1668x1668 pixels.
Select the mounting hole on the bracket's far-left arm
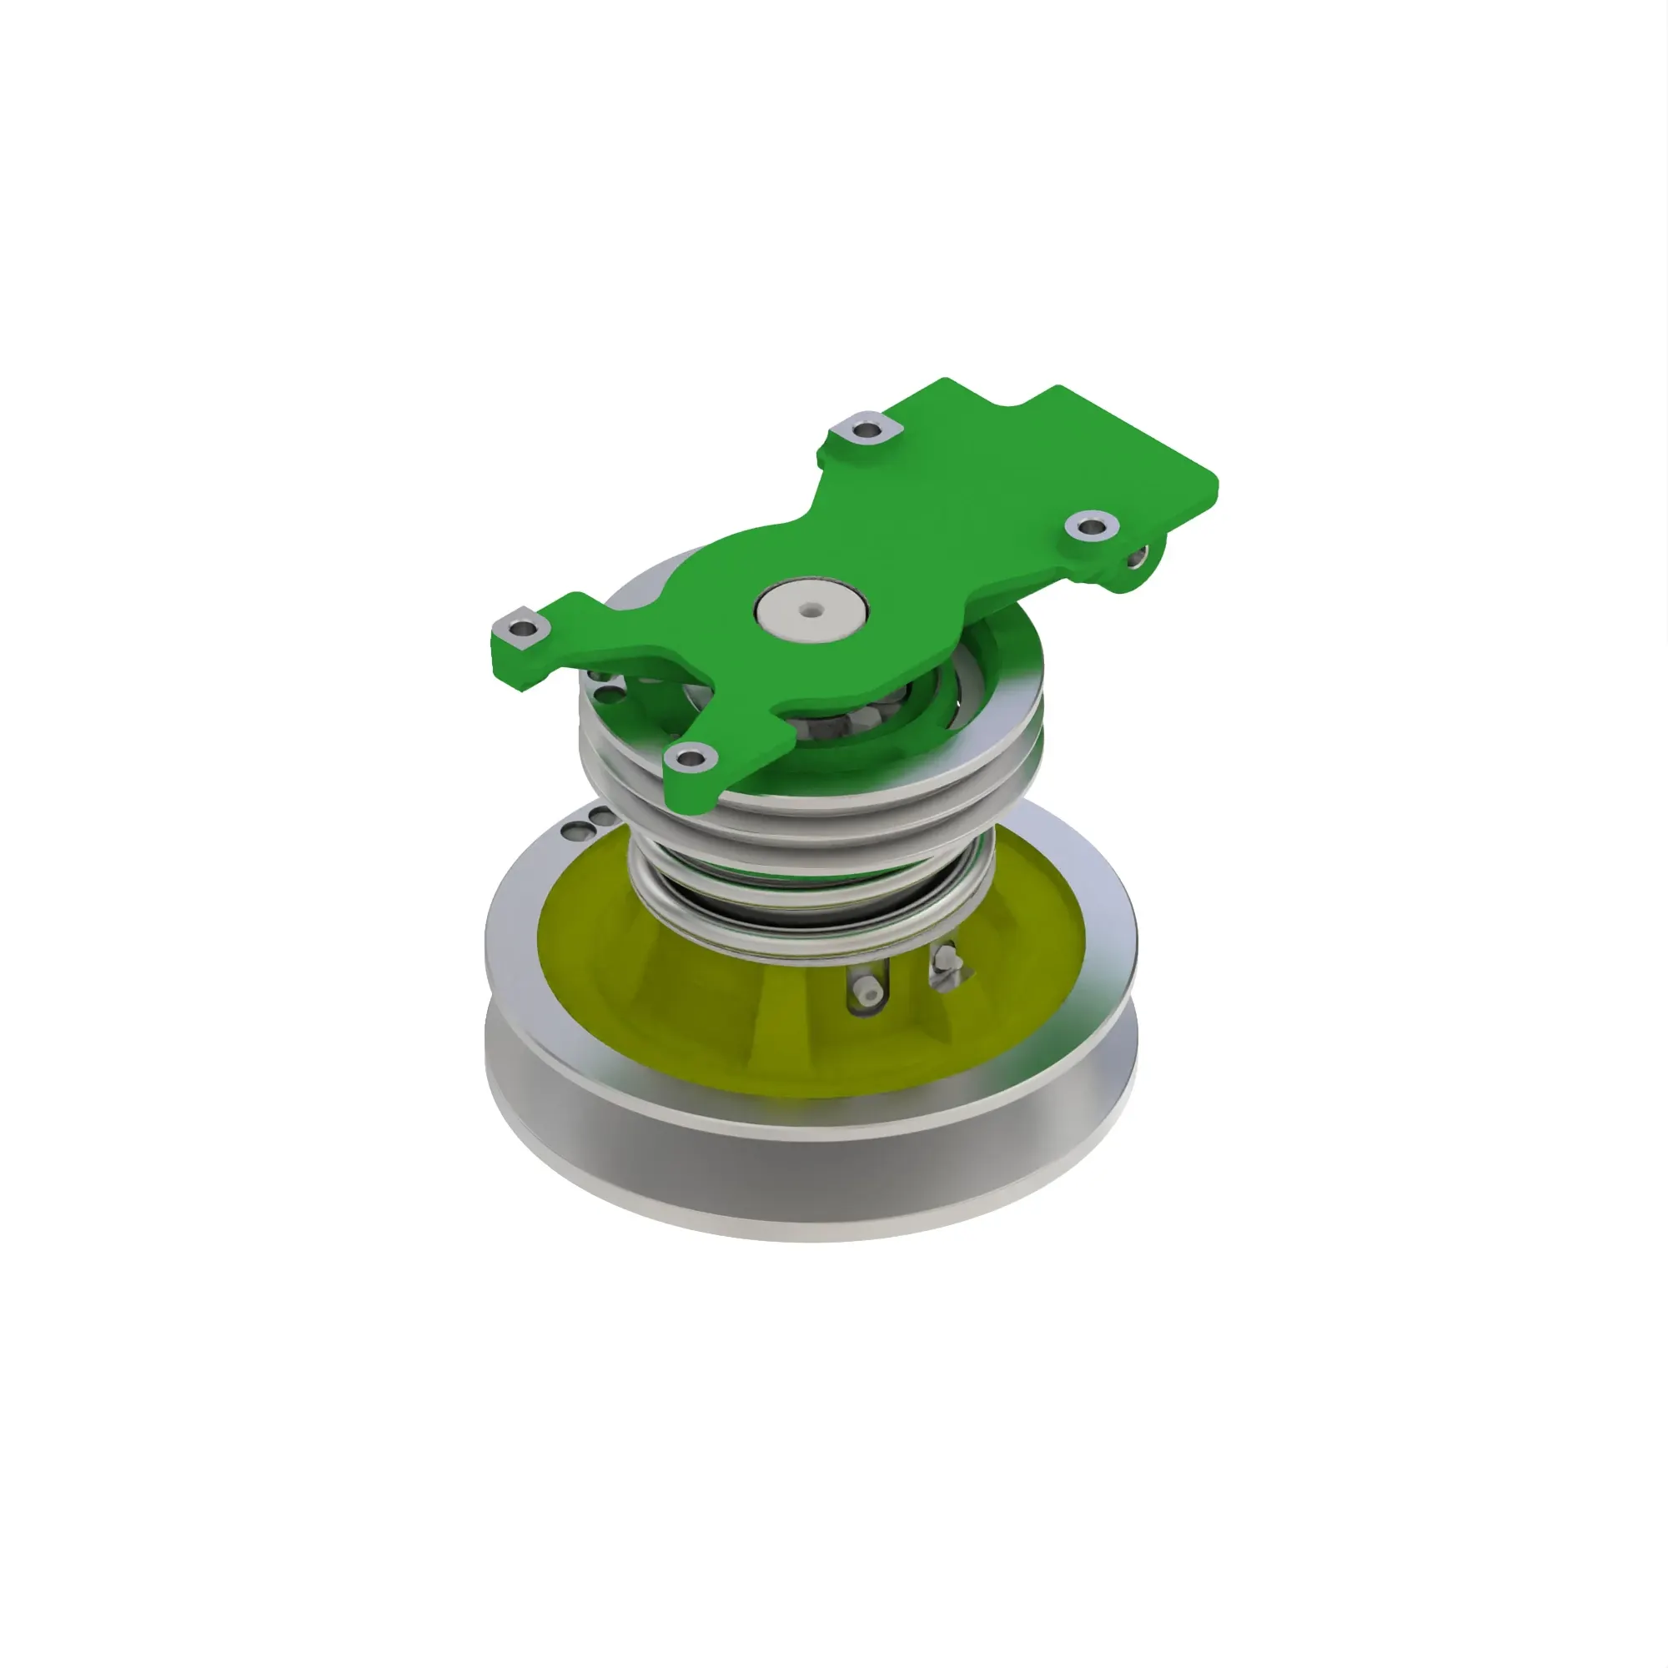[522, 629]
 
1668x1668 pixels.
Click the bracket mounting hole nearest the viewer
[690, 759]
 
